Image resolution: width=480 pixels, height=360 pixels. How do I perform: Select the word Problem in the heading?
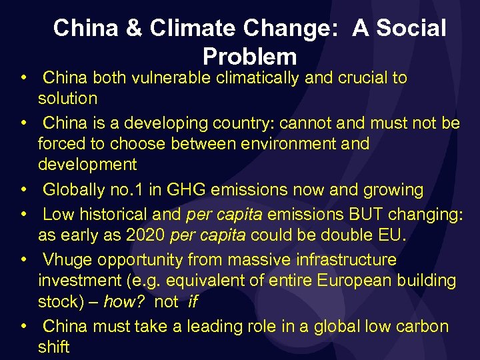point(249,56)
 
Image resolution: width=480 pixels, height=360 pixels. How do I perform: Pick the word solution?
point(67,99)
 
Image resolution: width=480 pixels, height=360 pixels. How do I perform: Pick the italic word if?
point(193,302)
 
